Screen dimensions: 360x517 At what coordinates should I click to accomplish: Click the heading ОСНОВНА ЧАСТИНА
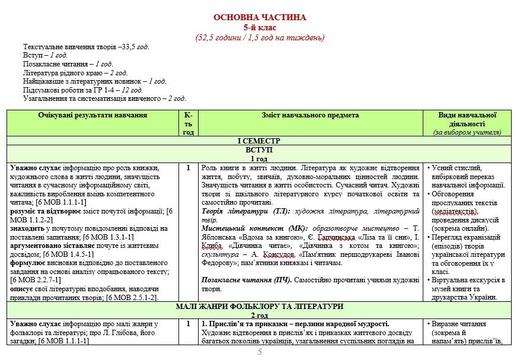tap(259, 17)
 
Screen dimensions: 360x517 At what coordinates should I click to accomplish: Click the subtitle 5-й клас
tap(259, 27)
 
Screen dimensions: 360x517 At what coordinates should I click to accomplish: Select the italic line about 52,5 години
tap(259, 37)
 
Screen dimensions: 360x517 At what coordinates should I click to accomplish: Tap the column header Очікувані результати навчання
tap(92, 115)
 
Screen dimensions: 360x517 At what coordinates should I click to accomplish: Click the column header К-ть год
tap(188, 123)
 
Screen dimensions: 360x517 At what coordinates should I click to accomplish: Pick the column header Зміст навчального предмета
tap(310, 115)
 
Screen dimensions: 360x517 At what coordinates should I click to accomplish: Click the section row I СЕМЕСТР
tap(259, 141)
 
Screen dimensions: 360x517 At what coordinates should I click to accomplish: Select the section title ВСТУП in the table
tap(259, 150)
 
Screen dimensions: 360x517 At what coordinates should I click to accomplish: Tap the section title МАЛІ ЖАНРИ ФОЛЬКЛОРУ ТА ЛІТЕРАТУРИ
tap(259, 306)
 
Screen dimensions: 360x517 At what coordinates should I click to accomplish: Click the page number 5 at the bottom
tap(259, 352)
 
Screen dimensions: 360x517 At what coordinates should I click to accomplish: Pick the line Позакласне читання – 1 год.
tap(68, 63)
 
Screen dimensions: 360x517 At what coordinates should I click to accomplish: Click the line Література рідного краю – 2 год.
tap(75, 72)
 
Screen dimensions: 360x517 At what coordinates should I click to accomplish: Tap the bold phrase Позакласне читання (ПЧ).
tap(245, 279)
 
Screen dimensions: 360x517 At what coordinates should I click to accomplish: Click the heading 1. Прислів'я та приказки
tap(295, 324)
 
